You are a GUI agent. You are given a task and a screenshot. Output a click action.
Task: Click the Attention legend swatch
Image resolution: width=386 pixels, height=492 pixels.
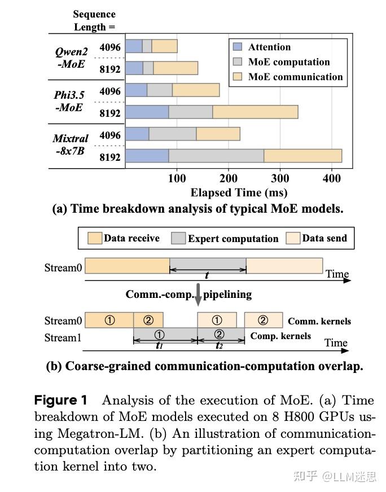tap(237, 47)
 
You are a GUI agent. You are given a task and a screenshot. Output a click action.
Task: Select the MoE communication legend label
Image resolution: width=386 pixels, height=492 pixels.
tap(295, 77)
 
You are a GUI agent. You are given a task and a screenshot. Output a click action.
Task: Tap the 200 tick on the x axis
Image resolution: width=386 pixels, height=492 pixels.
tap(229, 179)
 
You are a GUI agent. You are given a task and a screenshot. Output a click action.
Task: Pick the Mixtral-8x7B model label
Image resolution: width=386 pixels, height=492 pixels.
tap(71, 144)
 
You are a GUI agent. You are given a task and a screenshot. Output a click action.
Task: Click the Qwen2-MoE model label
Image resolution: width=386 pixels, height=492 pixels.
tap(71, 57)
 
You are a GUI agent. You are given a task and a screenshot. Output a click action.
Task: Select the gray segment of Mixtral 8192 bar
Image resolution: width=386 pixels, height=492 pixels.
tap(216, 155)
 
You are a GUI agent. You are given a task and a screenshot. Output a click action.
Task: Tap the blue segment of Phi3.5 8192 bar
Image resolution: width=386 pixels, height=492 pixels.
tap(147, 112)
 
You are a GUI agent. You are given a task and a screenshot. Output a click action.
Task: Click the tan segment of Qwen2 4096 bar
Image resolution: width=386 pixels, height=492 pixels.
tap(164, 46)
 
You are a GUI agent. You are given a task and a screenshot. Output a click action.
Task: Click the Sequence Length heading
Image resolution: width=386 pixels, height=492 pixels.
tap(94, 20)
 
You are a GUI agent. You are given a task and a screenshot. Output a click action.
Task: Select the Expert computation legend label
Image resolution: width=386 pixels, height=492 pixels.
tap(233, 239)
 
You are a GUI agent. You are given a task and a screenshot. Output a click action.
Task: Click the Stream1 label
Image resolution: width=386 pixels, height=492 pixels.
tap(63, 337)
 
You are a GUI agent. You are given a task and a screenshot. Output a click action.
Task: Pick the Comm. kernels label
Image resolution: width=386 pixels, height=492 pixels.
tap(319, 321)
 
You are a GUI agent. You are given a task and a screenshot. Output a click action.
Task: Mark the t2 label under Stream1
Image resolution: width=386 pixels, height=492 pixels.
tap(220, 345)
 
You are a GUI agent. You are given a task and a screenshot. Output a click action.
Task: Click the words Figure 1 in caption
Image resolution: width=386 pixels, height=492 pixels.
tap(61, 401)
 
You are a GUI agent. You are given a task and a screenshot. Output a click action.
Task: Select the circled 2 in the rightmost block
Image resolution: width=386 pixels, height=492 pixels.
tap(263, 320)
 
